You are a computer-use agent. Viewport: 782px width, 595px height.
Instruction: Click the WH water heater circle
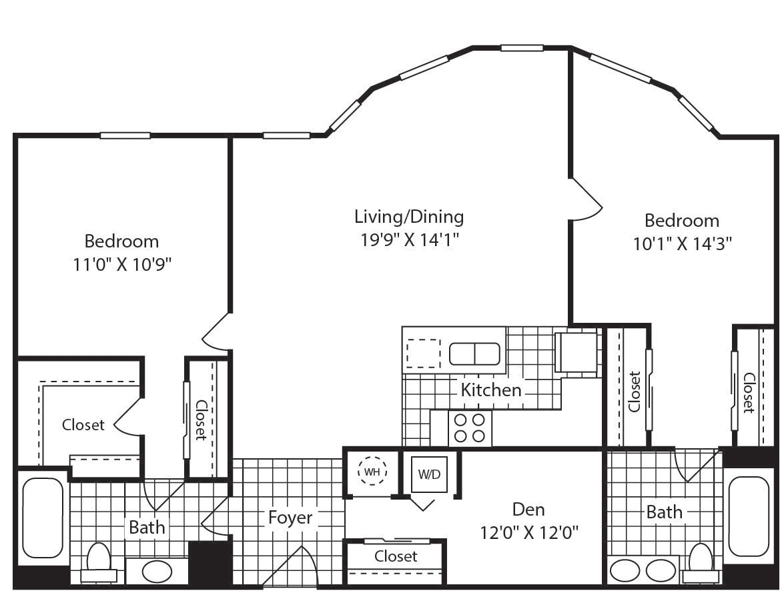(x=372, y=471)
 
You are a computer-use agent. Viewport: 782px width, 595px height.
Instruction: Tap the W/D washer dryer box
(x=429, y=474)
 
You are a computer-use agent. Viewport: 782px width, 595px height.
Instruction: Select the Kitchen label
(x=490, y=390)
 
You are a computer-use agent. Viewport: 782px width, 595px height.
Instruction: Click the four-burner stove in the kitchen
(x=470, y=428)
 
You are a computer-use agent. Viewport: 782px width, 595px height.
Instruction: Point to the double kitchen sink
(x=474, y=354)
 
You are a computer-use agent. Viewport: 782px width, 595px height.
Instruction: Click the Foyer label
(x=290, y=518)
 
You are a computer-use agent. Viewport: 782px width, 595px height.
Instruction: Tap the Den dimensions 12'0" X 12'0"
(x=528, y=533)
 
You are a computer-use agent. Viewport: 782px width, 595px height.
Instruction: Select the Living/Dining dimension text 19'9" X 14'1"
(x=410, y=240)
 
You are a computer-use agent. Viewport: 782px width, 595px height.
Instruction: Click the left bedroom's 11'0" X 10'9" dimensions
(x=122, y=264)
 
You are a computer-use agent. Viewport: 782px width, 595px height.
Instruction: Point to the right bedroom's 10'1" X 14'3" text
(x=683, y=244)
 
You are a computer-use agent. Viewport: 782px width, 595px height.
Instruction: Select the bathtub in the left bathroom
(x=43, y=518)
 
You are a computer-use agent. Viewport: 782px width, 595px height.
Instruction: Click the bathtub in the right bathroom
(x=749, y=516)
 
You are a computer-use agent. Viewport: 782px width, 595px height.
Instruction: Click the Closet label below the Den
(x=396, y=556)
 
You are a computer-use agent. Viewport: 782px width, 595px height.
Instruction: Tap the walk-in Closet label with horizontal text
(x=83, y=425)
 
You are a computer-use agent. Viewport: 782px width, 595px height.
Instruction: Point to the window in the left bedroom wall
(x=125, y=135)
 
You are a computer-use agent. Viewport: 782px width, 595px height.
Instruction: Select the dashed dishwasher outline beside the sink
(x=424, y=353)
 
